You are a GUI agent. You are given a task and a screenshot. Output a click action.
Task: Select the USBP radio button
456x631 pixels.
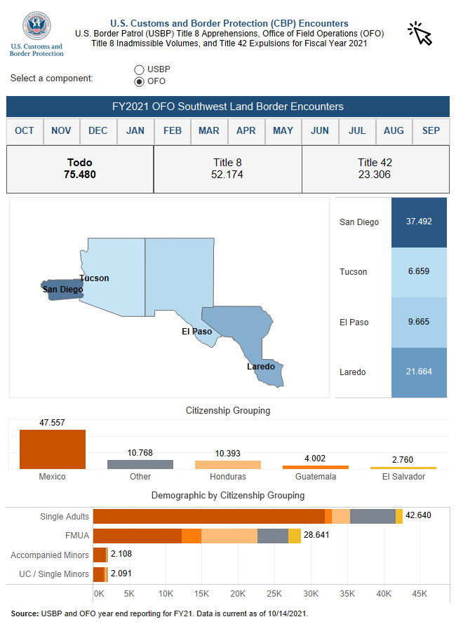click(x=139, y=69)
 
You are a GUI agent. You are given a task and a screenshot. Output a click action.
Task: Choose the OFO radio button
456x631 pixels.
click(x=139, y=81)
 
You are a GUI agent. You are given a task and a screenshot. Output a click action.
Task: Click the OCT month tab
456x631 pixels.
click(x=25, y=131)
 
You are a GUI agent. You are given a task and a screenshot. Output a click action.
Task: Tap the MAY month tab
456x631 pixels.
click(x=283, y=131)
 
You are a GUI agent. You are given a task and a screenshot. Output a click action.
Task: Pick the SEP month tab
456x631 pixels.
click(x=431, y=131)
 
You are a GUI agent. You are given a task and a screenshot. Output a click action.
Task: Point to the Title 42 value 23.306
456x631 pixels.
click(x=375, y=175)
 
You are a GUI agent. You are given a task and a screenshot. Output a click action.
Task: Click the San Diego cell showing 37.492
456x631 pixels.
click(x=419, y=222)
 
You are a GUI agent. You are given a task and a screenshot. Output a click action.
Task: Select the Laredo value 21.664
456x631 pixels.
click(x=419, y=372)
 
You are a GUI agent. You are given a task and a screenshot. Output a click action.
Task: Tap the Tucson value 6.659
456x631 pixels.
click(x=419, y=271)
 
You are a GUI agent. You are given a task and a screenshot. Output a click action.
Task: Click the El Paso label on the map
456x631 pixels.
click(x=196, y=332)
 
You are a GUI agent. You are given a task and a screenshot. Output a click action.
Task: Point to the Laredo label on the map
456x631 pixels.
click(x=260, y=367)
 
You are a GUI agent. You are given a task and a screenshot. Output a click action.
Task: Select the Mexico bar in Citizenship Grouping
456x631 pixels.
click(x=53, y=449)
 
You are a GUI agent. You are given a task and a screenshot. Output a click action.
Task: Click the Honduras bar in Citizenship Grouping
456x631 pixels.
click(x=228, y=465)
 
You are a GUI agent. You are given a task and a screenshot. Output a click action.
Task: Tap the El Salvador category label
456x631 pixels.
click(x=403, y=477)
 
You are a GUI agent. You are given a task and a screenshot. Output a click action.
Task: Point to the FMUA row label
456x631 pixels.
click(x=78, y=536)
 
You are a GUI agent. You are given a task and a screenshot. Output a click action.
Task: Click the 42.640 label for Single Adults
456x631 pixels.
click(x=419, y=517)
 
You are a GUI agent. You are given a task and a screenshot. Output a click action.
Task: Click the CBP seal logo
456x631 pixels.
click(x=36, y=26)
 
